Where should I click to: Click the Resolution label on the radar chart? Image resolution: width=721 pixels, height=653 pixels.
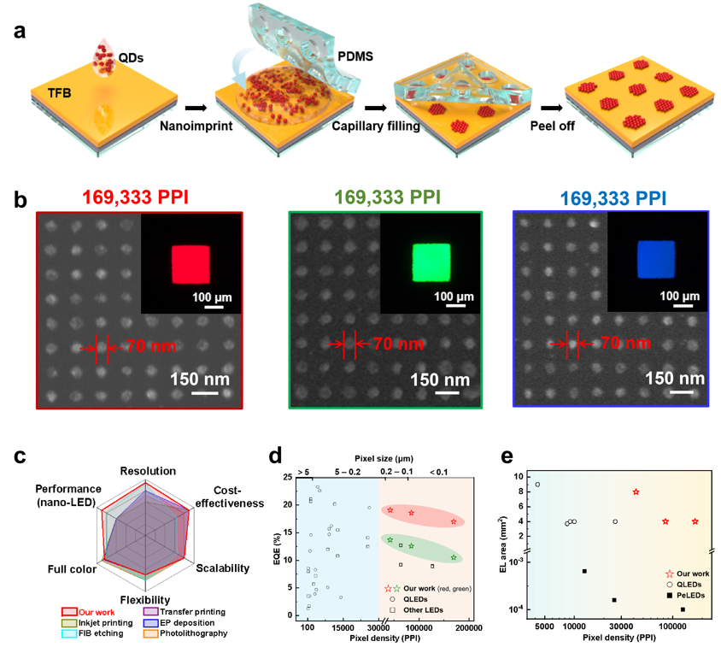148,471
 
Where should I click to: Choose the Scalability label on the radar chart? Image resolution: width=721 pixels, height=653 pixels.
222,568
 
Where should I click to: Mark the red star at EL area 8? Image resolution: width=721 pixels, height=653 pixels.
636,491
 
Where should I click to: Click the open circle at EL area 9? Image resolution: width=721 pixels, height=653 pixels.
537,485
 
